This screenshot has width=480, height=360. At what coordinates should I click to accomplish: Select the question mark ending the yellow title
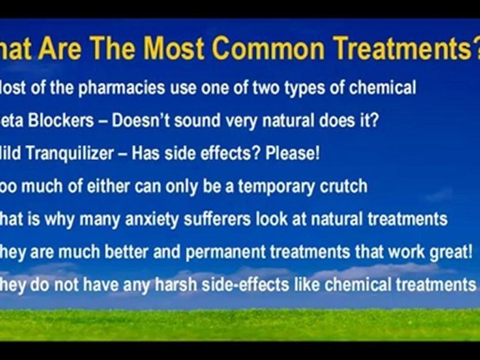tap(474, 48)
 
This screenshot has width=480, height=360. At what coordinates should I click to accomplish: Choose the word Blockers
tap(65, 121)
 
